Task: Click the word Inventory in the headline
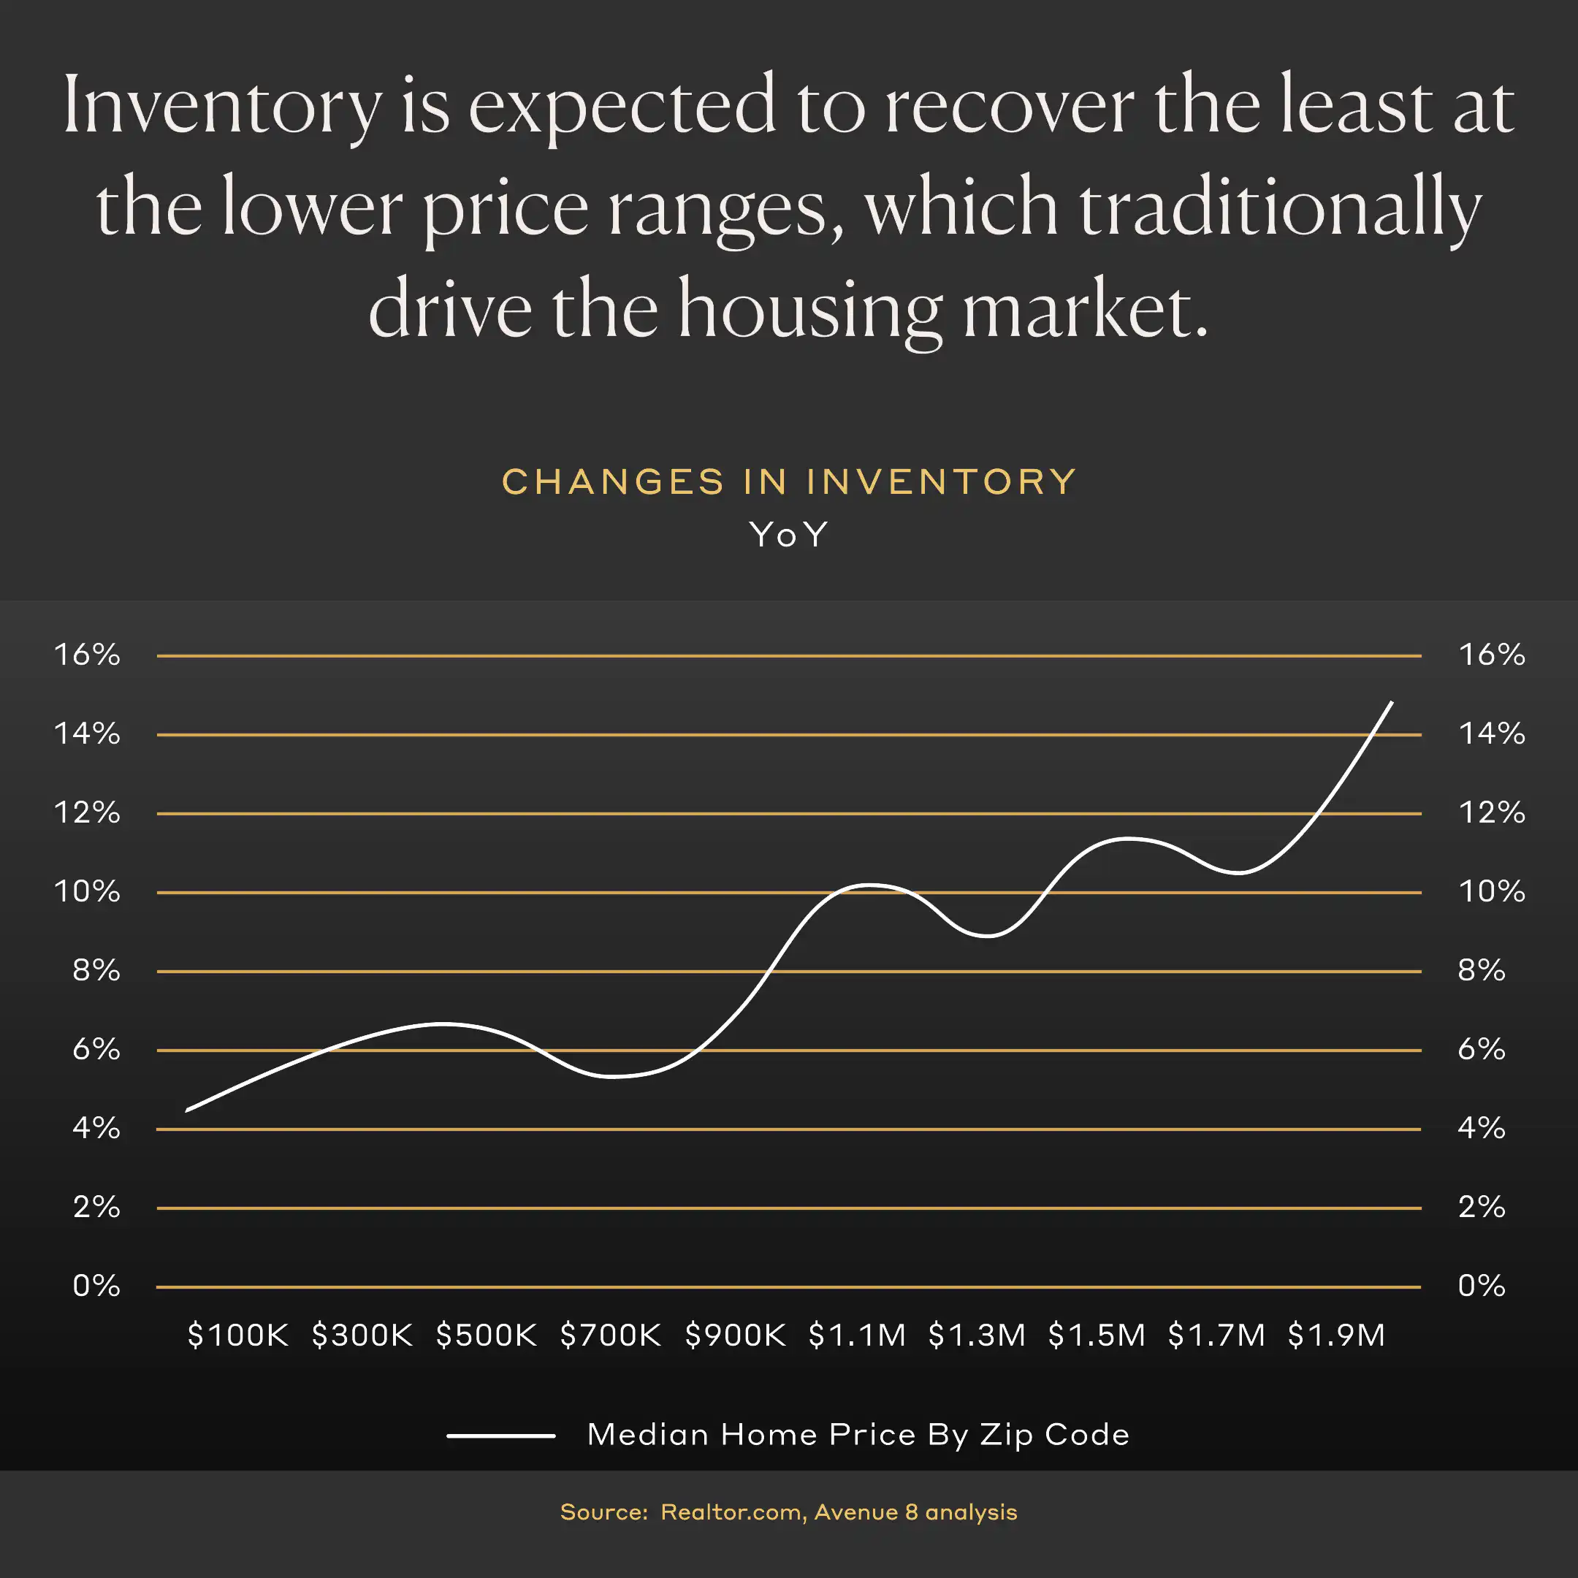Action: click(x=222, y=106)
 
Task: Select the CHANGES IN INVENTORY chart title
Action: click(x=789, y=482)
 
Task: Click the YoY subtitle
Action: click(x=789, y=535)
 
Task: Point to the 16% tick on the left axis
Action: click(x=87, y=655)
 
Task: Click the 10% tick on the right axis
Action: click(x=1491, y=891)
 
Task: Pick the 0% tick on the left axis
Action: click(x=96, y=1286)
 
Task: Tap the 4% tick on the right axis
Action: click(x=1481, y=1128)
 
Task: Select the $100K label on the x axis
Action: click(x=237, y=1335)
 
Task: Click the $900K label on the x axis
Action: click(x=735, y=1335)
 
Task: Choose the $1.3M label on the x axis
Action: click(x=977, y=1335)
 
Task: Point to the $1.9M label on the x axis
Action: click(x=1336, y=1335)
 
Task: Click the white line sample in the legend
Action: click(x=500, y=1435)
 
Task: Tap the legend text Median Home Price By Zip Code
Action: click(x=858, y=1435)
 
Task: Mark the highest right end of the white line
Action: click(x=1391, y=702)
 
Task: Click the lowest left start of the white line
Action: click(x=188, y=1110)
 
